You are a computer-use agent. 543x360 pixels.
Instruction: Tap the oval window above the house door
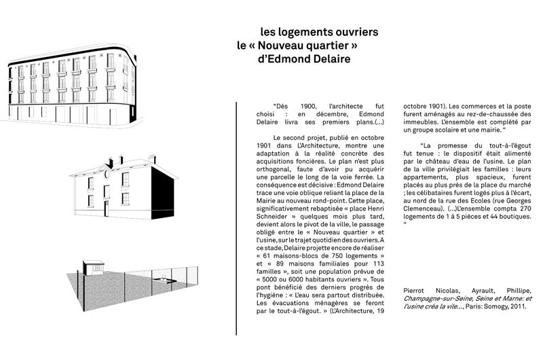[107, 174]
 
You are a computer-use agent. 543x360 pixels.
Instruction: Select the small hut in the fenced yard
[94, 268]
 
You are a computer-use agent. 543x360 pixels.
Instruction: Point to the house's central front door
[107, 200]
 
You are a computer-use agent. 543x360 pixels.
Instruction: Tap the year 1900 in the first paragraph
[308, 107]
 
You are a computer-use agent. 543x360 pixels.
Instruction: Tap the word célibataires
[430, 193]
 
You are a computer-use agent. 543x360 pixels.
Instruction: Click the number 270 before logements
[525, 209]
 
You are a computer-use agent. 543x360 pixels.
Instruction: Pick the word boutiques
[517, 217]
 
